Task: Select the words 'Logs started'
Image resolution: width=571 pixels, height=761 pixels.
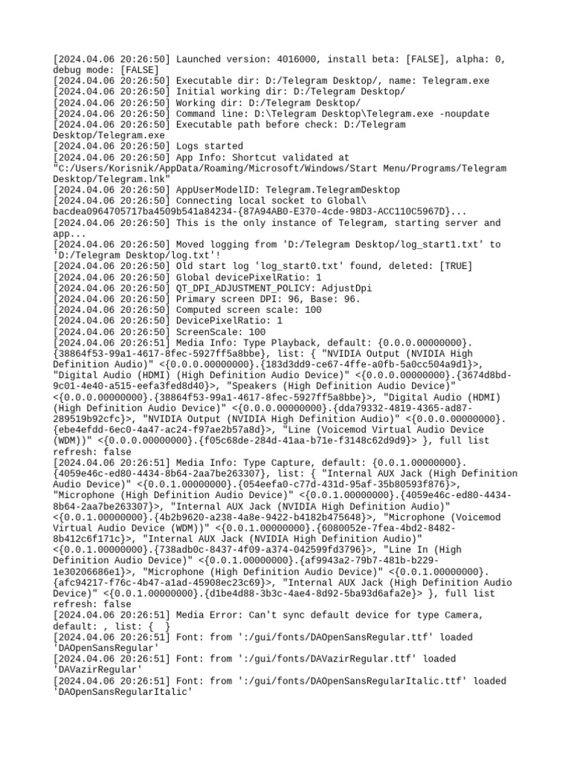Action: [209, 146]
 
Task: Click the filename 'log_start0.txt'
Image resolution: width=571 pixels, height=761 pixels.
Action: [276, 266]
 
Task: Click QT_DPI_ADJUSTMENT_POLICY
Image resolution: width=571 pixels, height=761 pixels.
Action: [245, 288]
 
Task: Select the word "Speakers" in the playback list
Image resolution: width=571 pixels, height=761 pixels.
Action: [254, 386]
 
